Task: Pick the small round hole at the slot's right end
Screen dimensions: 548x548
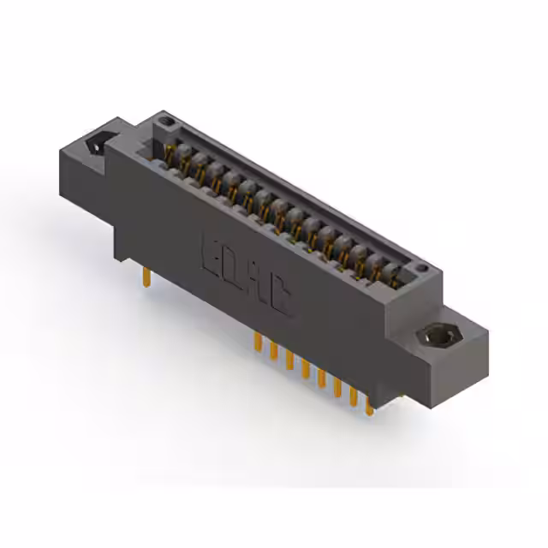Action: (420, 271)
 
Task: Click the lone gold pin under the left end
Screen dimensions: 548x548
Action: (147, 276)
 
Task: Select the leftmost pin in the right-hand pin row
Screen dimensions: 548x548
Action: (257, 342)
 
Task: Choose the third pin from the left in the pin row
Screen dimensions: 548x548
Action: (289, 360)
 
